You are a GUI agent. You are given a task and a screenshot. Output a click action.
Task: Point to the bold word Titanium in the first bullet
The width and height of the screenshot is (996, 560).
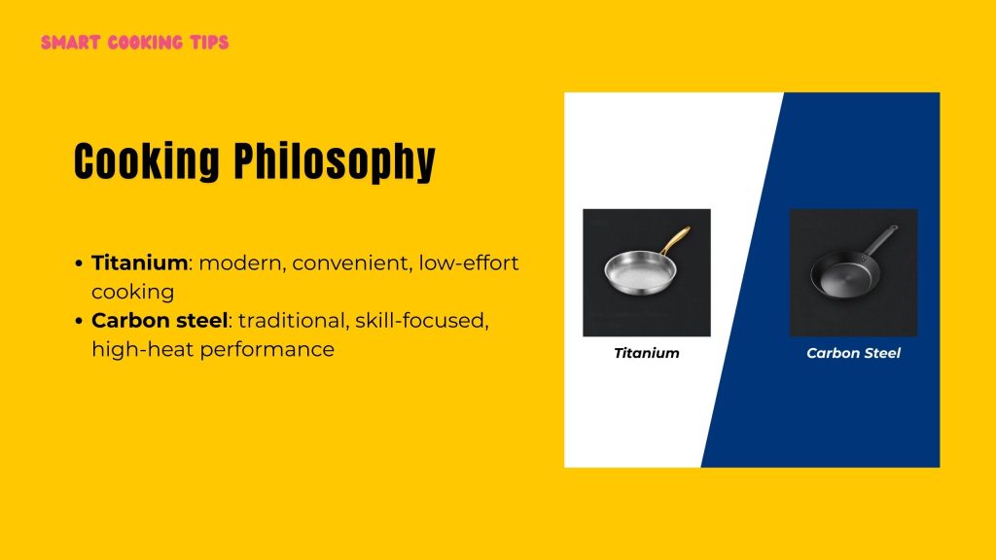point(139,262)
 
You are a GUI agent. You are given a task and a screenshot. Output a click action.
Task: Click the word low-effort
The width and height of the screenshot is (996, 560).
point(470,262)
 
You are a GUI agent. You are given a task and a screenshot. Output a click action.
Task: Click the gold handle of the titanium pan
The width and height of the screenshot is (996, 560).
point(676,240)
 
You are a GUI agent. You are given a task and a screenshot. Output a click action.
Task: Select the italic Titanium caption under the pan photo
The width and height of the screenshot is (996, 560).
point(647,353)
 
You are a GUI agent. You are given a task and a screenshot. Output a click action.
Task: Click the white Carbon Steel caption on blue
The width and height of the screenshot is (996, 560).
point(853,353)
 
